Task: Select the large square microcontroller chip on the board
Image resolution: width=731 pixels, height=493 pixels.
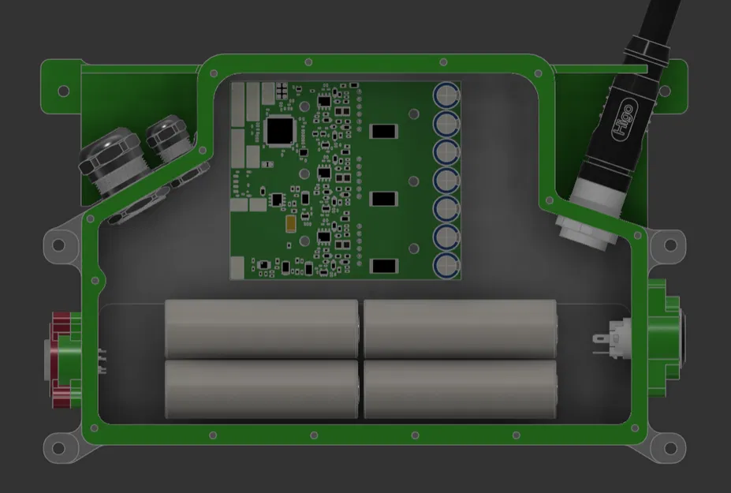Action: click(281, 132)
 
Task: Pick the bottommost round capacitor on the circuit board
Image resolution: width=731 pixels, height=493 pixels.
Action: click(446, 265)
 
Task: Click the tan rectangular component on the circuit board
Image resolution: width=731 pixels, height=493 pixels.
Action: click(293, 223)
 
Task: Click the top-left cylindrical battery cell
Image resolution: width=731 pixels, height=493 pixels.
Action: click(262, 328)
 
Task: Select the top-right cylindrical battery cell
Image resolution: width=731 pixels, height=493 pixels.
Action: click(460, 328)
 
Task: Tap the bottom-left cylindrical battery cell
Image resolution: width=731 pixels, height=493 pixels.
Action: click(262, 390)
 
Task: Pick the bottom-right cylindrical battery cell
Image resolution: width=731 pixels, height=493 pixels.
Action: click(460, 390)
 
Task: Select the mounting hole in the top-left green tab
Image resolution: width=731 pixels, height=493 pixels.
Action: click(63, 91)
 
